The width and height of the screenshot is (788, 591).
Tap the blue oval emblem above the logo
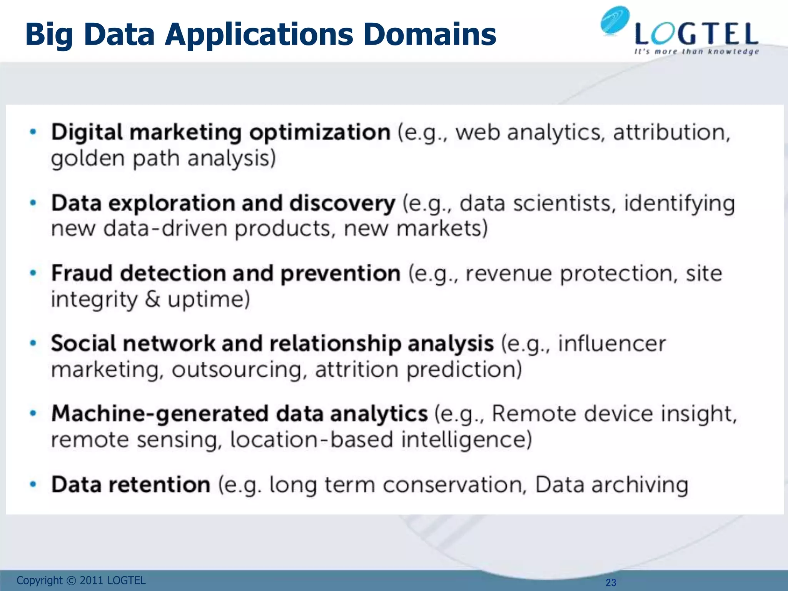(614, 21)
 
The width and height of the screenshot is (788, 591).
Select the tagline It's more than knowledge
(696, 52)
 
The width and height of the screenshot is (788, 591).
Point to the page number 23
(611, 583)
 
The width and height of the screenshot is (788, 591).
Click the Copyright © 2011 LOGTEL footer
(81, 580)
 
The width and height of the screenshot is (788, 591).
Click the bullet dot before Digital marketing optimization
(33, 132)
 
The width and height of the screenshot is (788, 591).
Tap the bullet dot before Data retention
(33, 484)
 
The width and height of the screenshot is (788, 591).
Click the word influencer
(612, 344)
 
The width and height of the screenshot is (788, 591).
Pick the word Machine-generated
(160, 414)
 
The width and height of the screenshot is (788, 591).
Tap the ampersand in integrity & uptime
(152, 299)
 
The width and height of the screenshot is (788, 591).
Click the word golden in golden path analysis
(88, 159)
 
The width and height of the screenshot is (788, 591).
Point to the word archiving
(639, 485)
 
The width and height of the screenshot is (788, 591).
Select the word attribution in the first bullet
(671, 132)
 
